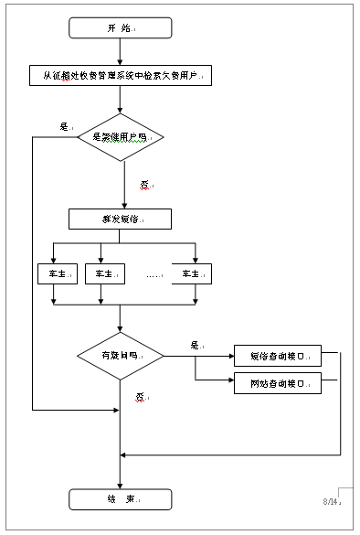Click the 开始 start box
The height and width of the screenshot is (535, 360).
point(121,29)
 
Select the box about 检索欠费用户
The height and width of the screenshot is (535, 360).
point(121,76)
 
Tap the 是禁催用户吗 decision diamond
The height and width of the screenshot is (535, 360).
point(121,137)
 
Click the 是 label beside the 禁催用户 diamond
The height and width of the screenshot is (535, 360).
point(65,126)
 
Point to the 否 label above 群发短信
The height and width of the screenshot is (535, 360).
point(144,184)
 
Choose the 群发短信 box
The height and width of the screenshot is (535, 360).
point(121,219)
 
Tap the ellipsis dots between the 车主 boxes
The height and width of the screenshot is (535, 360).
point(153,273)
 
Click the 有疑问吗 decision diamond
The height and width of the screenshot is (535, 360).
point(121,354)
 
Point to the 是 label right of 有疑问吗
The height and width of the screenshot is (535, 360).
point(195,345)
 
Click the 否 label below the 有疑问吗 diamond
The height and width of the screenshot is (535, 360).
point(141,397)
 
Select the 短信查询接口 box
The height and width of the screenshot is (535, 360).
point(277,355)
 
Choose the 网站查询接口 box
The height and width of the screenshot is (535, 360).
point(277,383)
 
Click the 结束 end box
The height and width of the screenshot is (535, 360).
point(121,499)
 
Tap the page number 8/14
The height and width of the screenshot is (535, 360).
point(330,502)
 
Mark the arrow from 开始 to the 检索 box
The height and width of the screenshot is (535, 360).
point(121,52)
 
